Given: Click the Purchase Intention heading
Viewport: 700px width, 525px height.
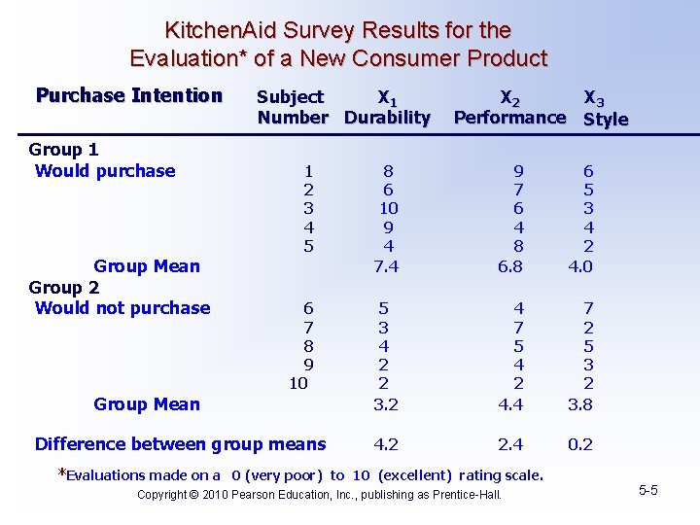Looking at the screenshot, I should pos(129,95).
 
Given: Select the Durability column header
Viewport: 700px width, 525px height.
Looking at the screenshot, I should pos(387,118).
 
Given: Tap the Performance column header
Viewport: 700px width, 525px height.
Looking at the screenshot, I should pos(509,118).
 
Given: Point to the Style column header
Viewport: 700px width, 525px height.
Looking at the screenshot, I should pos(605,119).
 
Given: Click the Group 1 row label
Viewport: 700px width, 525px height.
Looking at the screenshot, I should pos(63,150).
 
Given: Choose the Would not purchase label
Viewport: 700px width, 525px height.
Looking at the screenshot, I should pos(122,308).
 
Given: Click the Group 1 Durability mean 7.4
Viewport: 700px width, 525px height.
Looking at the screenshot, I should pos(386,266).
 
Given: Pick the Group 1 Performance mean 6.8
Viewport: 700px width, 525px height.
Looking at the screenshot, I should pos(509,266).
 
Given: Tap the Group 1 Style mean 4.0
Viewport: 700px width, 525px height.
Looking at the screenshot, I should pos(580,266).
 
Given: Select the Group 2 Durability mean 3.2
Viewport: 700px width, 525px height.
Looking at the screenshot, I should pos(386,404).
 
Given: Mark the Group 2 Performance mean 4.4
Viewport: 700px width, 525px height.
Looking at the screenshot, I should pos(509,404).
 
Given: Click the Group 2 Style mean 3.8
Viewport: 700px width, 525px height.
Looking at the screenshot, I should pos(580,404).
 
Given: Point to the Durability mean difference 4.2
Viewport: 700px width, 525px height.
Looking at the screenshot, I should pos(386,444).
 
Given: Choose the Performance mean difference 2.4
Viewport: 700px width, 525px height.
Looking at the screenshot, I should pos(509,444).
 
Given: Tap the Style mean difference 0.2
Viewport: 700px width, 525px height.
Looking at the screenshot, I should pos(580,444).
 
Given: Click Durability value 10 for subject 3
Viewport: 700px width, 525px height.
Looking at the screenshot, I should pos(387,208).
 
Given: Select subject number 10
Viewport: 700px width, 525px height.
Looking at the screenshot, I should pos(298,383).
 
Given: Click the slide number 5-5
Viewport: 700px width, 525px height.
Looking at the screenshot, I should pos(648,490).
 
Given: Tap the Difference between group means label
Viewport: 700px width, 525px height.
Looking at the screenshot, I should pos(180,444).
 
